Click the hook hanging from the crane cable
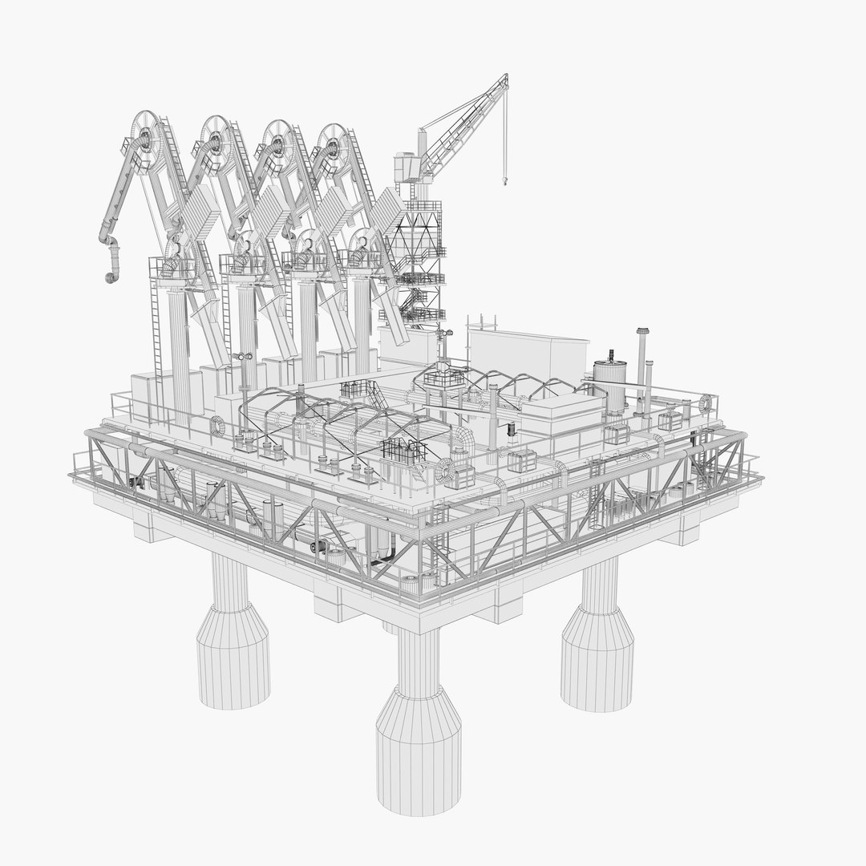pyautogui.click(x=505, y=180)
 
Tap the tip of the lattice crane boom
pyautogui.click(x=506, y=76)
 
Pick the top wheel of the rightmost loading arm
pyautogui.click(x=331, y=145)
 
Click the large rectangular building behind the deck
pyautogui.click(x=521, y=353)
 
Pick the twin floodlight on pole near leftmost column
pyautogui.click(x=242, y=355)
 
